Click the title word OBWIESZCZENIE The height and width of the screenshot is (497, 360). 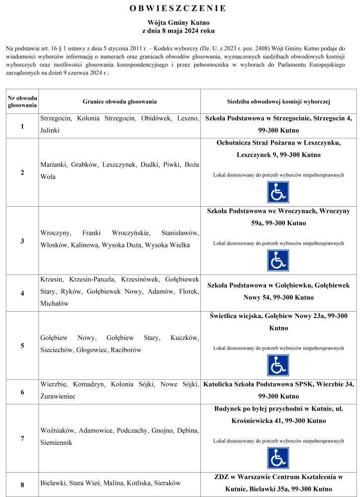click(179, 8)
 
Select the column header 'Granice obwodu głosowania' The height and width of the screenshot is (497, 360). click(120, 101)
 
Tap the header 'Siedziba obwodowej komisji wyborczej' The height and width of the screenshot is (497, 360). click(278, 101)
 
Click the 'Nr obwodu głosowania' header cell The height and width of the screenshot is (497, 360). click(22, 101)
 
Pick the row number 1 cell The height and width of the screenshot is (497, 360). click(22, 126)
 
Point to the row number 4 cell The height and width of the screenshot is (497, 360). click(22, 293)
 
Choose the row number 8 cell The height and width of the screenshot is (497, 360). click(22, 485)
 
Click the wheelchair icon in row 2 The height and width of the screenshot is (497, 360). click(278, 192)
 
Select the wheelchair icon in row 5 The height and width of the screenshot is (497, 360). click(278, 365)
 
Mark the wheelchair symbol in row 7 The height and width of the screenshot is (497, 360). click(278, 458)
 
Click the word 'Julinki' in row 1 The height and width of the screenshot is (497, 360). click(50, 130)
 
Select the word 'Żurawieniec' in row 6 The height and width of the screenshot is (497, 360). click(58, 397)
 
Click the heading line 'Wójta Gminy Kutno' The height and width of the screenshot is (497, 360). click(179, 23)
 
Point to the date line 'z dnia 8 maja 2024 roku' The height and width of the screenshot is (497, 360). click(179, 31)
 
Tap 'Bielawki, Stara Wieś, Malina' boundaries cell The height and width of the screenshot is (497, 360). click(110, 483)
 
